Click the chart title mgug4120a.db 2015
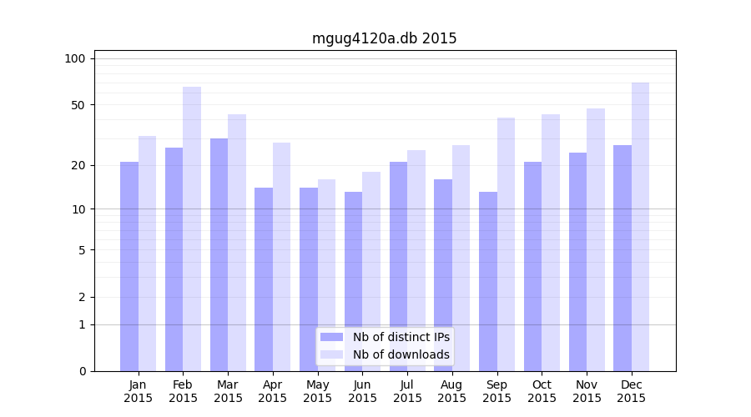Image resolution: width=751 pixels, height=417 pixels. [384, 38]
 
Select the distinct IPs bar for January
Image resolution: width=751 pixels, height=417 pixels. [129, 267]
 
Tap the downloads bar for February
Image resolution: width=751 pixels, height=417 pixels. [192, 229]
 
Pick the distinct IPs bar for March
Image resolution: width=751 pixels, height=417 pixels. [219, 254]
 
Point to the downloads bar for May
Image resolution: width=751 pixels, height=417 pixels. [326, 275]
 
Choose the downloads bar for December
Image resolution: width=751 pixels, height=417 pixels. [640, 227]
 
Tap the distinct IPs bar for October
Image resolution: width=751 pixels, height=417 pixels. [532, 267]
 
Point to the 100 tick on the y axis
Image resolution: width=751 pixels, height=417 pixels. [75, 58]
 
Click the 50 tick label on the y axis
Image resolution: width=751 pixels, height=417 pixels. [78, 105]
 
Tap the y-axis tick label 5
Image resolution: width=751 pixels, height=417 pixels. [82, 249]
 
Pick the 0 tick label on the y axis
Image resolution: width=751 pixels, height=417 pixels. [82, 371]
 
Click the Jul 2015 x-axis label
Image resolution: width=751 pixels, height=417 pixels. [407, 391]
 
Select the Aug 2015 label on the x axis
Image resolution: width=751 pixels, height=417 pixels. [452, 391]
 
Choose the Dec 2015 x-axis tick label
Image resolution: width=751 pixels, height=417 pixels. [632, 391]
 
